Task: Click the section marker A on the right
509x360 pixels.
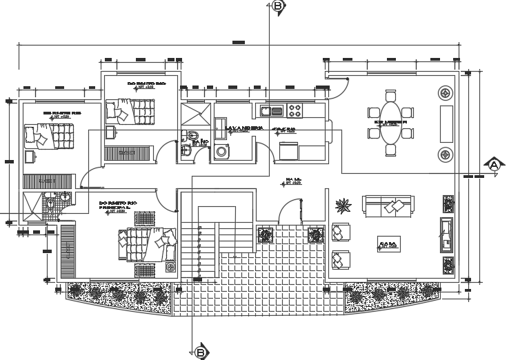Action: [494, 165]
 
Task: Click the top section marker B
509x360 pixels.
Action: [277, 6]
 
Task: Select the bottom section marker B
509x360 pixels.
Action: [200, 352]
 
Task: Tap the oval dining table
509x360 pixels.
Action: [390, 121]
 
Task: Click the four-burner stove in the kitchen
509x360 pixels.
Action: [297, 109]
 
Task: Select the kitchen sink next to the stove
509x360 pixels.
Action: [271, 110]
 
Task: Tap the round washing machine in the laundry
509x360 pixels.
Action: [222, 151]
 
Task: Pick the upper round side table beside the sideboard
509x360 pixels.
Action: [446, 90]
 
